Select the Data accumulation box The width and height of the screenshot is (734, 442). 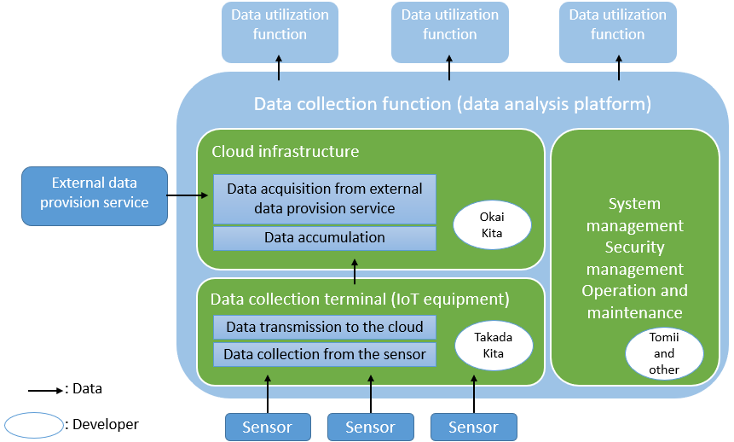pos(324,238)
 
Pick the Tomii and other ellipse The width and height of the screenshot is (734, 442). pos(664,353)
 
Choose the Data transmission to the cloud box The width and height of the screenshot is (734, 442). pos(324,327)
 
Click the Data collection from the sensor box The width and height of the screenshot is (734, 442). pos(324,354)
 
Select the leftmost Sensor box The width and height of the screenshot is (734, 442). pos(268,427)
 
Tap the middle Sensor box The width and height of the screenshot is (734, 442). pos(370,427)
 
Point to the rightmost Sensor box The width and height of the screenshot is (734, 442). pos(474,427)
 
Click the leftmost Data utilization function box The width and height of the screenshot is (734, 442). pos(280,32)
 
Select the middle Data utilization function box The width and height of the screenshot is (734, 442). pos(449,32)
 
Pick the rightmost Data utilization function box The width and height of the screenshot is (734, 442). pos(618,32)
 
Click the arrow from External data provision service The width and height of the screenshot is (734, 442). pos(188,196)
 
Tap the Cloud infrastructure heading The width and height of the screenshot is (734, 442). pos(286,152)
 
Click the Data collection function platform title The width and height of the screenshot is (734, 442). pos(453,104)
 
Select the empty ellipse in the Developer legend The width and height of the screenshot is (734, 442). pos(33,423)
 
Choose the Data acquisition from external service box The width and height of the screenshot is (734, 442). pos(324,199)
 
